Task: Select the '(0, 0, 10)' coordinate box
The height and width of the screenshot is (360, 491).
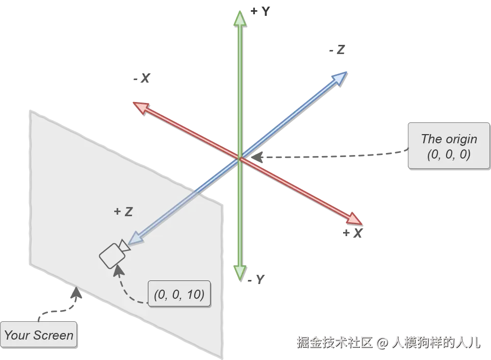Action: coord(179,294)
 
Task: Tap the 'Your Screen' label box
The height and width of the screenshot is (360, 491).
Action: coord(39,335)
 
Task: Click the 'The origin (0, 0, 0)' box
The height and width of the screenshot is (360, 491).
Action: coord(449,146)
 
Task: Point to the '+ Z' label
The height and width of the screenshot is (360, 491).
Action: coord(123,212)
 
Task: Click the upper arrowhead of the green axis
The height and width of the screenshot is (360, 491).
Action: coord(240,18)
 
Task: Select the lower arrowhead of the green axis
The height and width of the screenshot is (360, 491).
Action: coord(240,273)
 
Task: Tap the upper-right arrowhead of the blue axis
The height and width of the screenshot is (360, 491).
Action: coord(340,76)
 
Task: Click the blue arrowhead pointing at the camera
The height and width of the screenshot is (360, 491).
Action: coord(135,238)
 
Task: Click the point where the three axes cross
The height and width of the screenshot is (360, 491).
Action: coord(240,158)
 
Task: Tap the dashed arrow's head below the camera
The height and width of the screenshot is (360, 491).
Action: coord(118,269)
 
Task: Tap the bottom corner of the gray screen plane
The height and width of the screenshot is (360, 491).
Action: coord(222,356)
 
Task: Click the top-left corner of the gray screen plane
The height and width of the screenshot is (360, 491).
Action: coord(31,110)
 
